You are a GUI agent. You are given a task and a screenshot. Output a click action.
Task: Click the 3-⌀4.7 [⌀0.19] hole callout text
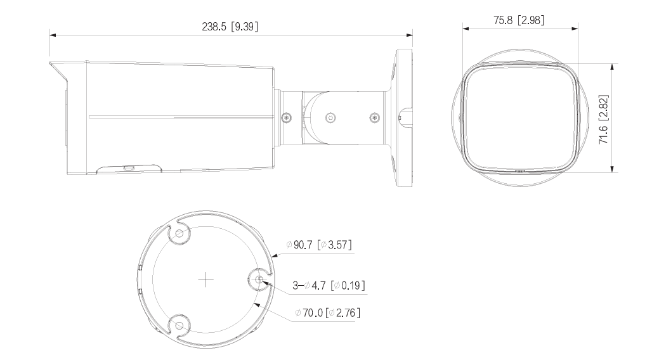coord(328,286)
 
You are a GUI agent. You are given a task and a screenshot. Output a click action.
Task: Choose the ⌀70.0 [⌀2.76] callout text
coord(328,312)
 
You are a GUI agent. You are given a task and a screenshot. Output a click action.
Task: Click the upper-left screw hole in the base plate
coord(179,234)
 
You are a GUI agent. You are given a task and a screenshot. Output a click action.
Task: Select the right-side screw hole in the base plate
coord(259,280)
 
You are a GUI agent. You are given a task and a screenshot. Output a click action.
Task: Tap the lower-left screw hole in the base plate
coord(179,326)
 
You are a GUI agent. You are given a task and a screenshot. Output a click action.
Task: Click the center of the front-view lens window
coord(520,118)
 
